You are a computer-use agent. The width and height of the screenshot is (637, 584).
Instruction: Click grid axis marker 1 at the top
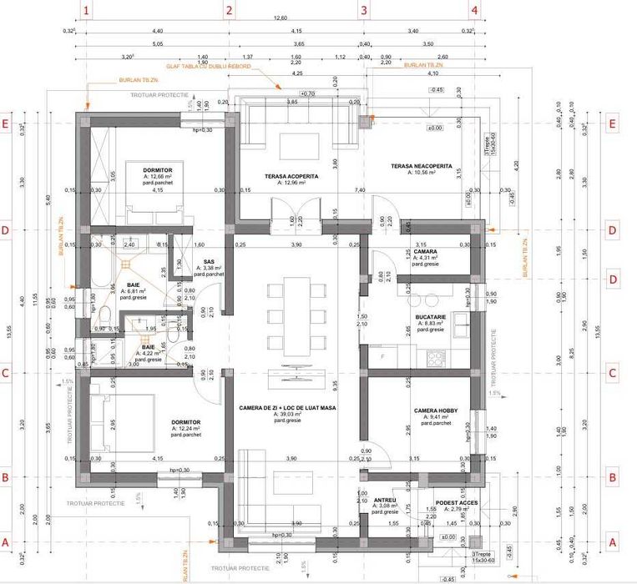(x=88, y=11)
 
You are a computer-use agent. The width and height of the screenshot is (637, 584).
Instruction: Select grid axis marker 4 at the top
(x=474, y=11)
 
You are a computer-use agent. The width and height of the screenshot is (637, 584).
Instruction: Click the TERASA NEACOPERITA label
(x=421, y=167)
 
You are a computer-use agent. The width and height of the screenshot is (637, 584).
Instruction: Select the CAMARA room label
(x=426, y=251)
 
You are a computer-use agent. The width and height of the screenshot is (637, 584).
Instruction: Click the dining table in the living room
(x=298, y=317)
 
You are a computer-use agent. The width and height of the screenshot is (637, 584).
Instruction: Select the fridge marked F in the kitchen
(x=381, y=357)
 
